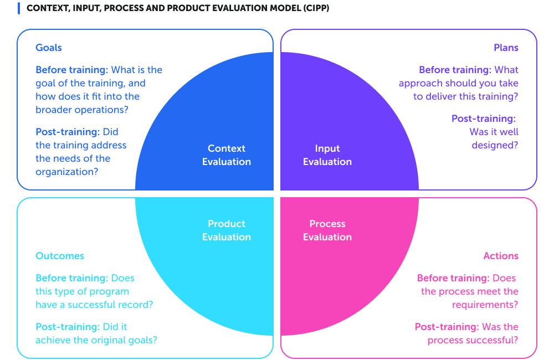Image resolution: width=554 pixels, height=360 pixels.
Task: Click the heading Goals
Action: (x=49, y=48)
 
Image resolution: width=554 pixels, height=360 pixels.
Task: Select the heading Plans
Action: (x=506, y=48)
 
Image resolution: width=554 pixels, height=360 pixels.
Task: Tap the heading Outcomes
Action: (x=60, y=256)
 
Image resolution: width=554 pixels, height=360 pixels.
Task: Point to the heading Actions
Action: (x=501, y=256)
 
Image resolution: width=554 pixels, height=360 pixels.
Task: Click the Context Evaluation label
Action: (x=227, y=155)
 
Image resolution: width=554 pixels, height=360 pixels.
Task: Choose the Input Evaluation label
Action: (x=327, y=155)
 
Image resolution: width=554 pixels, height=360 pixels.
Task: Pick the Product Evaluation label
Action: (x=227, y=230)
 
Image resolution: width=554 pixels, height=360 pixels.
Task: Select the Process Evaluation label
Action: (x=327, y=230)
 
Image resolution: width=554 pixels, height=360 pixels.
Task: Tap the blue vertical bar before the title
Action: (x=19, y=9)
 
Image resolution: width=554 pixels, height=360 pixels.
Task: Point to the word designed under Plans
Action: (x=495, y=145)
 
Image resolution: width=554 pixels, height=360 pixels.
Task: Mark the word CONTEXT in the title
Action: (x=47, y=9)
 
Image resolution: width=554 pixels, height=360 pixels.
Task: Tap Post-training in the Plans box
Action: (x=483, y=119)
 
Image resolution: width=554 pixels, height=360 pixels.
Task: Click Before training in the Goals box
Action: (x=71, y=70)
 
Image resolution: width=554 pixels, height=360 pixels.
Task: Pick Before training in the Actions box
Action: (x=453, y=278)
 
